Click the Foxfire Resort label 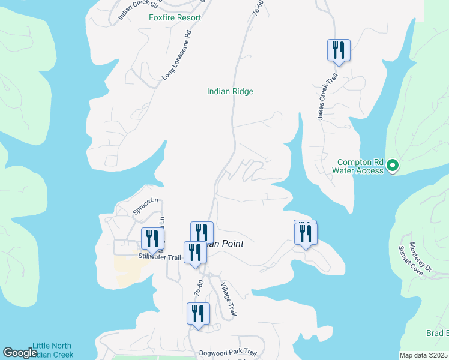pos(175,17)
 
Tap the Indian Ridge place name pos(230,91)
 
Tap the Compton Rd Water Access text pos(360,166)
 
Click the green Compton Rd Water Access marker pos(393,165)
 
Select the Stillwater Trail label pos(160,257)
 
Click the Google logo pos(20,353)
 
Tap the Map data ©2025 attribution pos(423,355)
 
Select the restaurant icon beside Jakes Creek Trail pos(339,50)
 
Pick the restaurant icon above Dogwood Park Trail pos(197,314)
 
